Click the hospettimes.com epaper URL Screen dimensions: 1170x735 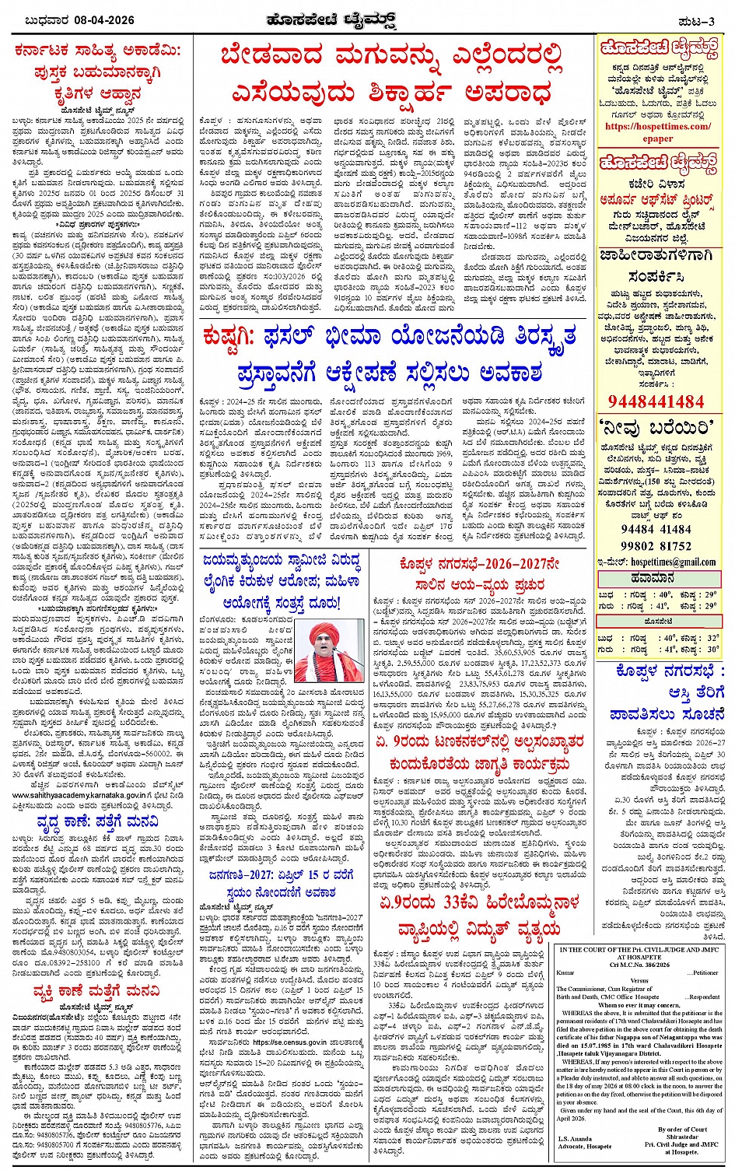pos(657,132)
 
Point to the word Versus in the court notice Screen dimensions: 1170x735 pos(639,980)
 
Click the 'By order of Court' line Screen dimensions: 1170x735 pos(682,1129)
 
